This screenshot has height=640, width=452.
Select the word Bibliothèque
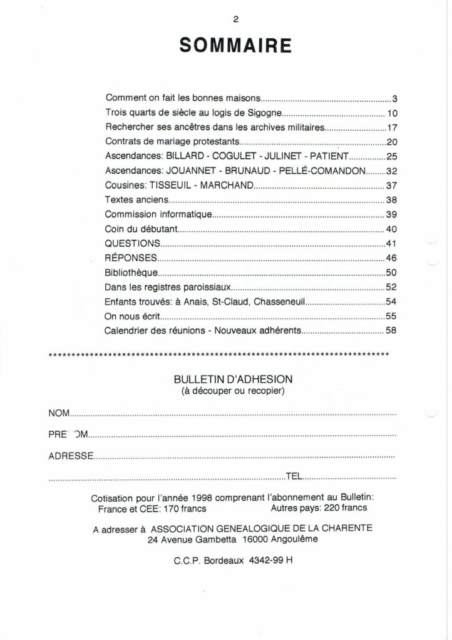coord(131,272)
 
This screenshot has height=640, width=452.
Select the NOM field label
coord(59,412)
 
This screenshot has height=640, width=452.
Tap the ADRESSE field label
coord(71,456)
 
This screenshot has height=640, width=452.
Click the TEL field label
coord(294,477)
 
